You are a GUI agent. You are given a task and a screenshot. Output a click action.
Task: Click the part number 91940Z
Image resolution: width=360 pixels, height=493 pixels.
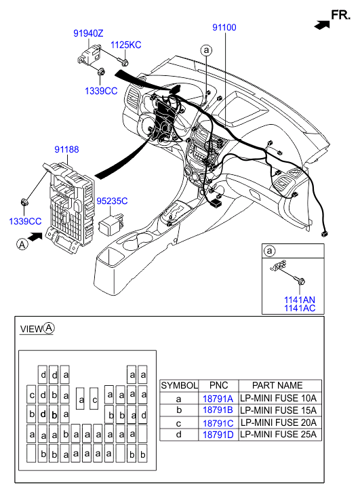click(x=88, y=33)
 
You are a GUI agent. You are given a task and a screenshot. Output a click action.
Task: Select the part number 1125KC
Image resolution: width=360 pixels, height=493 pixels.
click(x=126, y=45)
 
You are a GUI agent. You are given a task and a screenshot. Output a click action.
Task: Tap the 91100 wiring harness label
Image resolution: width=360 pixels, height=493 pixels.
click(x=224, y=27)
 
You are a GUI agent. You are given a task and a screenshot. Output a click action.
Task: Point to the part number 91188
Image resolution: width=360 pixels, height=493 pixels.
click(x=66, y=149)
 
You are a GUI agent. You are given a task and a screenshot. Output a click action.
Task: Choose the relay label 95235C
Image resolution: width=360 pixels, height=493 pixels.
click(x=112, y=201)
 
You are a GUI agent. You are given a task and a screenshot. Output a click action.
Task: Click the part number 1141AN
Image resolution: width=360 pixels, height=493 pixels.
click(x=300, y=300)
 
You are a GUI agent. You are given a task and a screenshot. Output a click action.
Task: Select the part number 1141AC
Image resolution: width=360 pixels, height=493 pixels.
click(x=300, y=308)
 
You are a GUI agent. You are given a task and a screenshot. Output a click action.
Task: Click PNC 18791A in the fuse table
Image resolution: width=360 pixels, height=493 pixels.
click(x=218, y=399)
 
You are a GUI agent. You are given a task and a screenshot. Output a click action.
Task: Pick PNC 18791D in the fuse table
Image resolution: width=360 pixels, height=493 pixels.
click(x=218, y=435)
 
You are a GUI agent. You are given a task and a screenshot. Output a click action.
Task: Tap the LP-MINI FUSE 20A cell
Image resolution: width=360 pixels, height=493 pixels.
click(x=279, y=422)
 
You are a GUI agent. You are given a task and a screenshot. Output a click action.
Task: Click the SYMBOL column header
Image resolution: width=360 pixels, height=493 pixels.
click(x=179, y=385)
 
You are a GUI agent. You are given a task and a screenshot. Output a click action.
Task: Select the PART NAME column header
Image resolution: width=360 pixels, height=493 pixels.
click(x=277, y=385)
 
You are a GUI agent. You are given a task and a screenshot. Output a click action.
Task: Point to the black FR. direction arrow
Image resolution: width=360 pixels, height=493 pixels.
click(x=322, y=25)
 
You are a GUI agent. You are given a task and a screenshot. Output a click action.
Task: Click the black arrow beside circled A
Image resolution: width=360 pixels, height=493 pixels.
click(x=35, y=237)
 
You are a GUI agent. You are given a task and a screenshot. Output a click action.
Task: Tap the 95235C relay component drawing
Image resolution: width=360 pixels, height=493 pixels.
click(x=111, y=222)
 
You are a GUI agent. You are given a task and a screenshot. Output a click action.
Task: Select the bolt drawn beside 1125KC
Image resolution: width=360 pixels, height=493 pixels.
click(x=123, y=62)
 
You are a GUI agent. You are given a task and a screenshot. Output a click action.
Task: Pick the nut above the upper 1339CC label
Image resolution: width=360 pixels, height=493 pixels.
click(x=101, y=72)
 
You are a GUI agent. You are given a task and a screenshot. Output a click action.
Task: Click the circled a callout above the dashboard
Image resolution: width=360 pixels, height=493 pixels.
click(x=206, y=50)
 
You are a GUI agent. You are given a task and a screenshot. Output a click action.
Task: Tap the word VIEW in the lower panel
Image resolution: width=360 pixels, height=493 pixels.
click(x=31, y=329)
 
